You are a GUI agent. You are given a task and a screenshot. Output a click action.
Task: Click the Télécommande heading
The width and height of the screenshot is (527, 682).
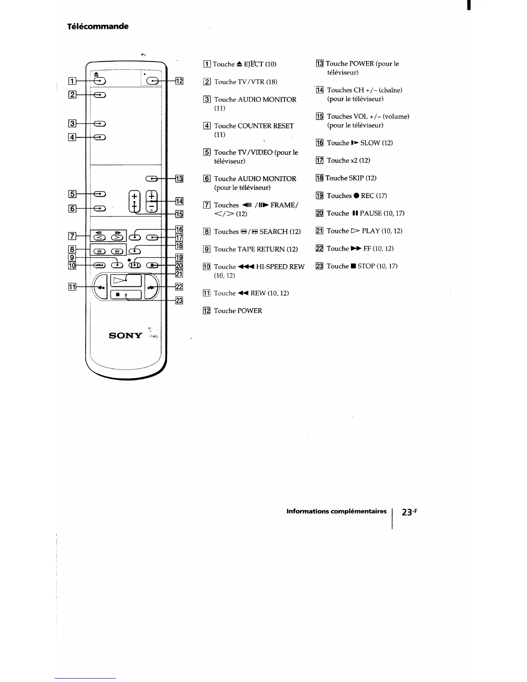pyautogui.click(x=98, y=26)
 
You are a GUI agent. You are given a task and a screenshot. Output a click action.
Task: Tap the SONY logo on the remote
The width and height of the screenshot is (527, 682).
pyautogui.click(x=125, y=335)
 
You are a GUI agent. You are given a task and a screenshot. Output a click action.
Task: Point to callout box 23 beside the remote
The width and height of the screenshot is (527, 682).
pyautogui.click(x=179, y=301)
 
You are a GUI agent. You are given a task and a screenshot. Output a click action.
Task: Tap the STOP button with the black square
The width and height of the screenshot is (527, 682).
pyautogui.click(x=126, y=295)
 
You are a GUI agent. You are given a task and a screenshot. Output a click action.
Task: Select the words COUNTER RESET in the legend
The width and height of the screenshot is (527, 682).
pyautogui.click(x=265, y=126)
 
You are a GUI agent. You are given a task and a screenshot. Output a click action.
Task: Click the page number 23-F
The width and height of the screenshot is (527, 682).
pyautogui.click(x=409, y=512)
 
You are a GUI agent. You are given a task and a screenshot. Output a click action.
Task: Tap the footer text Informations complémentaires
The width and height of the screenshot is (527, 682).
pyautogui.click(x=336, y=512)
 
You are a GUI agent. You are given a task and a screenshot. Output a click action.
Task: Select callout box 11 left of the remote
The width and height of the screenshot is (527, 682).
pyautogui.click(x=72, y=287)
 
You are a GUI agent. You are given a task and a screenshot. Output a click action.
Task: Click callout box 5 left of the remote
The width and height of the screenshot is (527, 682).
pyautogui.click(x=72, y=194)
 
